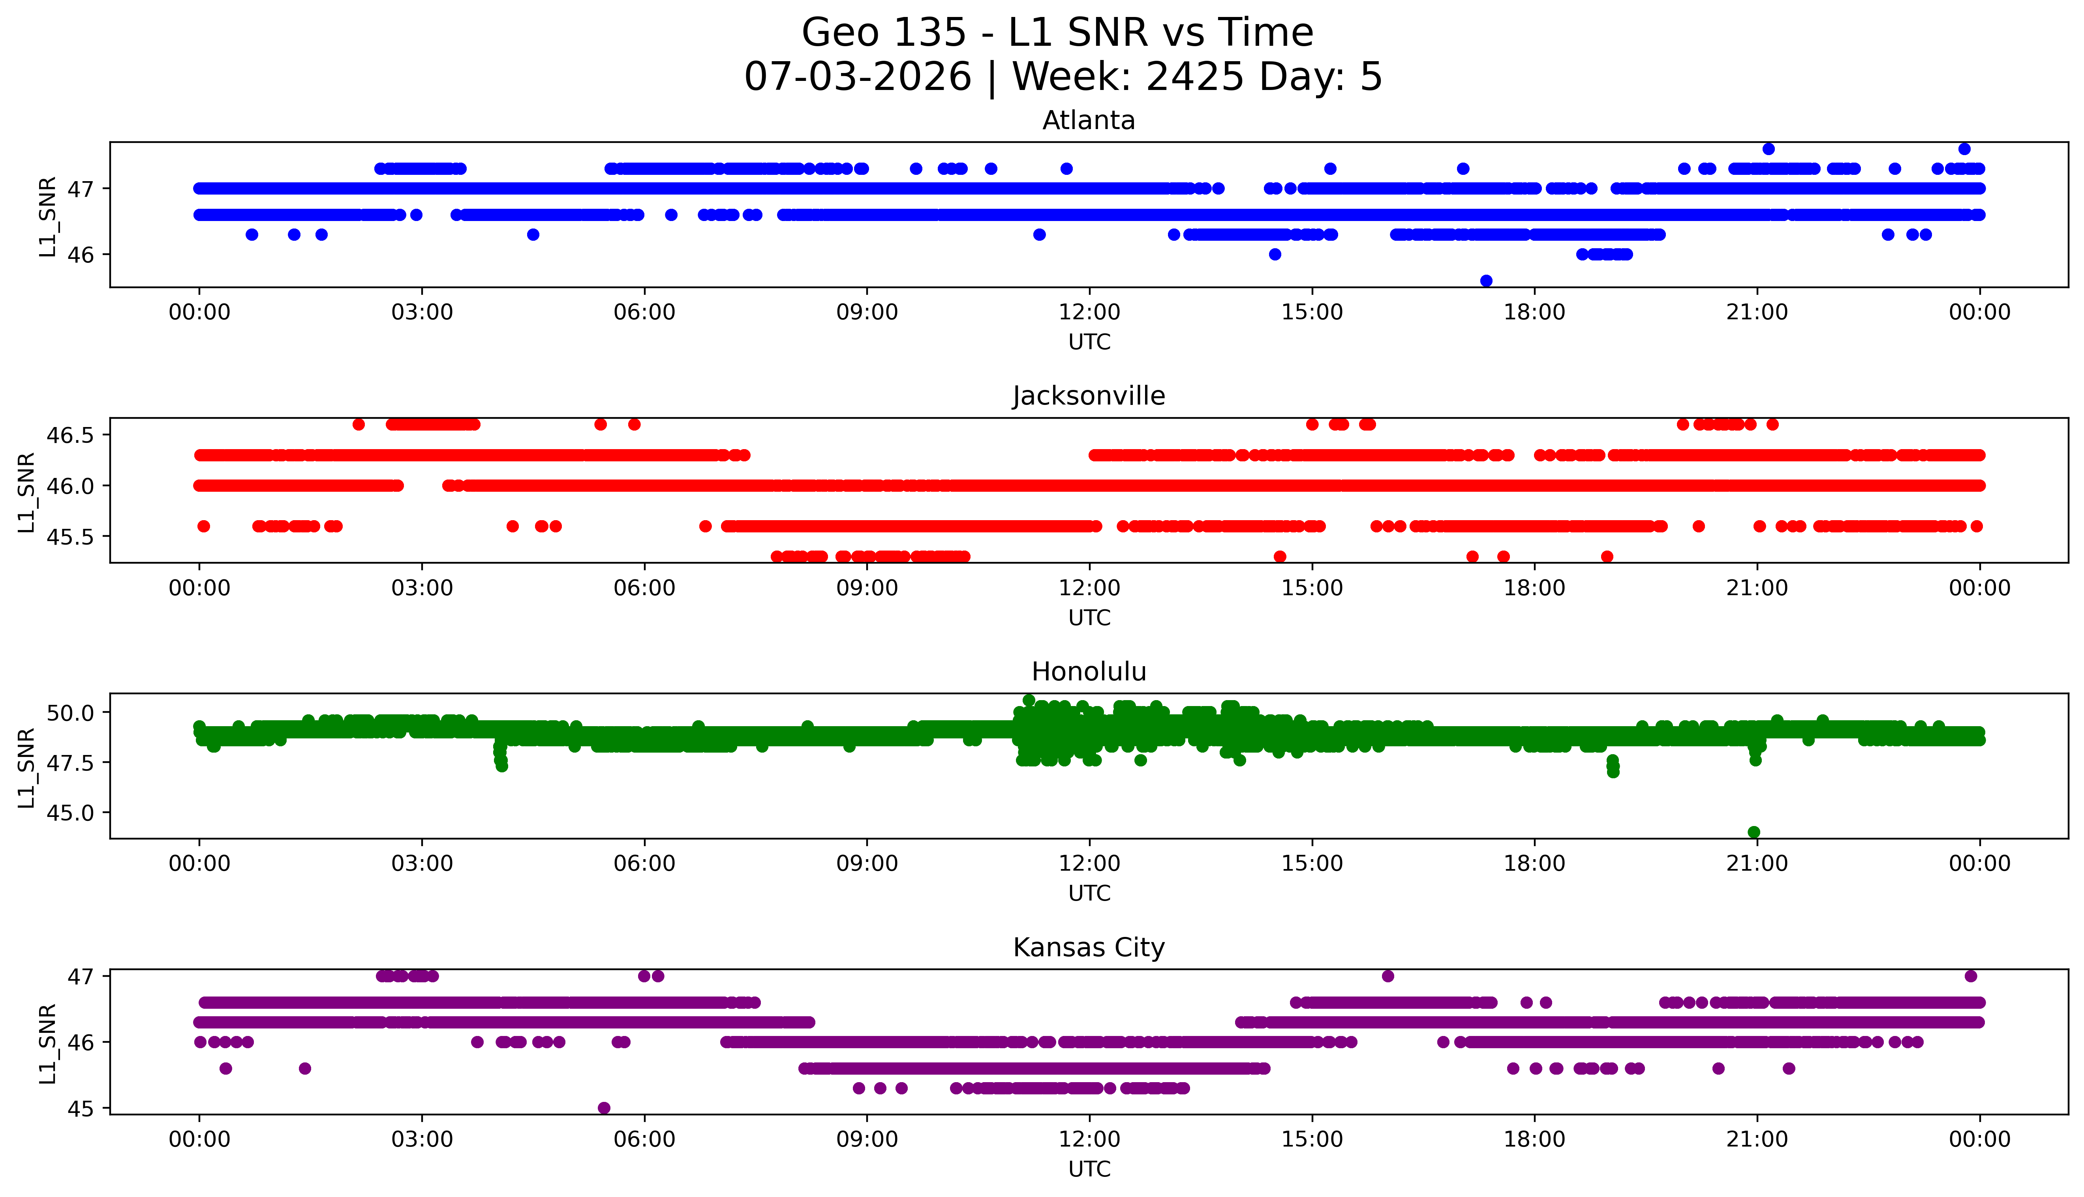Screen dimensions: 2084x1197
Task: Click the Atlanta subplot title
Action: point(1089,121)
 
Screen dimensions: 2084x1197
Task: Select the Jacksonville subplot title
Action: point(1089,396)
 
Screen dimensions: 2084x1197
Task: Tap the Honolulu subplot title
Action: point(1089,672)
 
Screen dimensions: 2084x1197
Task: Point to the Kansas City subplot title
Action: point(1089,948)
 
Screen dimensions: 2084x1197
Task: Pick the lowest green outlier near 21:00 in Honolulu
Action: point(1754,832)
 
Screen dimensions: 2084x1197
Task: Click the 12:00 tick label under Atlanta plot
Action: point(1089,313)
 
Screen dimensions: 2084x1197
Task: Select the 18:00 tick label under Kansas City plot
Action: point(1535,1139)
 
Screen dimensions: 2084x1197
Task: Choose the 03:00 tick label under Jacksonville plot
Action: point(422,588)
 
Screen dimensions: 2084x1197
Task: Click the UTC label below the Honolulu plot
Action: point(1089,893)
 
